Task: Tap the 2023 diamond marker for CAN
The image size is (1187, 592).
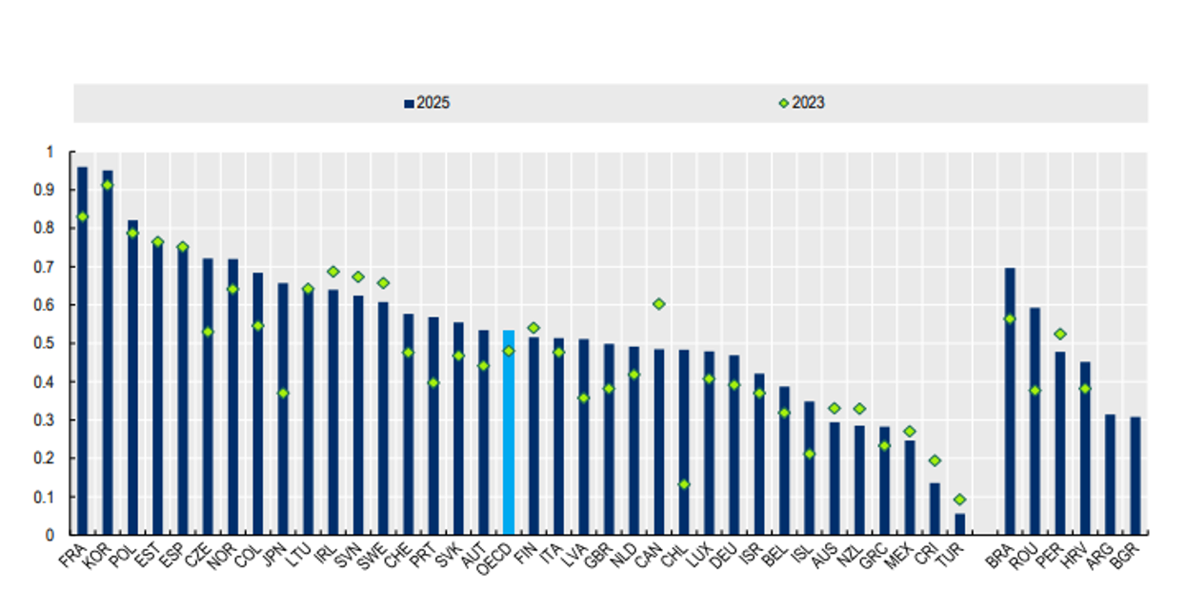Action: (657, 304)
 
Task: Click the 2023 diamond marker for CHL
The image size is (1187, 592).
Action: (683, 484)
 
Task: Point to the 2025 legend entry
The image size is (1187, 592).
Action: (427, 103)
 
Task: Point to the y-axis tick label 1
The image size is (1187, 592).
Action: (50, 152)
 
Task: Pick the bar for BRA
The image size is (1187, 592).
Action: (1010, 401)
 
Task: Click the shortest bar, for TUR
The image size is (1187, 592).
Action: (959, 524)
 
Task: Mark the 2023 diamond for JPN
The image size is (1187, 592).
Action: (283, 393)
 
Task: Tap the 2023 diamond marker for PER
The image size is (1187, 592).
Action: (1059, 334)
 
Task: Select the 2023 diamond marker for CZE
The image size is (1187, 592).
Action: (208, 332)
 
